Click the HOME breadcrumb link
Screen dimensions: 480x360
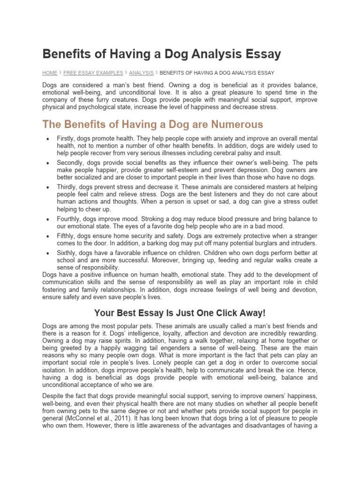click(50, 73)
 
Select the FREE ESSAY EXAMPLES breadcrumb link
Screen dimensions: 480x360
click(93, 73)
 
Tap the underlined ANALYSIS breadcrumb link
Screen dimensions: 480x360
click(141, 73)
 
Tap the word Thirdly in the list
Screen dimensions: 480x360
click(68, 187)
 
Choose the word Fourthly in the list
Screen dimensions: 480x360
click(70, 219)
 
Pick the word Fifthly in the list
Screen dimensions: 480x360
click(67, 236)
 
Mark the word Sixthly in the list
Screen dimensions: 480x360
click(68, 253)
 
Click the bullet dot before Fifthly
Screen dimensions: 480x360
click(48, 236)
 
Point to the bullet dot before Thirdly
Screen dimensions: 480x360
click(48, 187)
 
